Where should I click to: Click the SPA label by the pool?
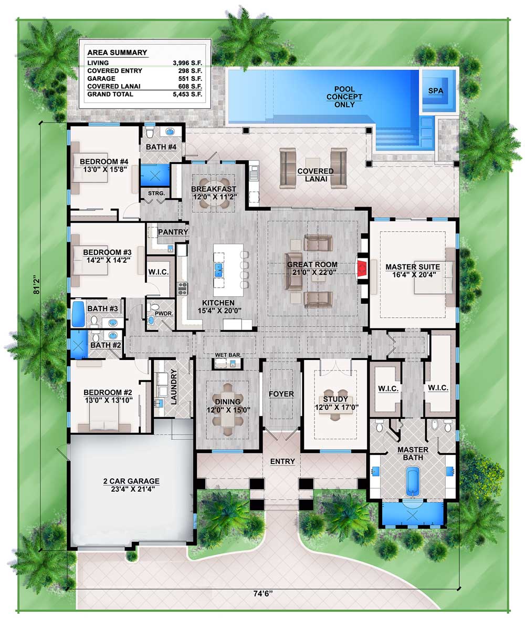pyautogui.click(x=436, y=90)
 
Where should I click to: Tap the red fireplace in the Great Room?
pyautogui.click(x=362, y=269)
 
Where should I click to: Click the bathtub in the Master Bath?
pyautogui.click(x=413, y=481)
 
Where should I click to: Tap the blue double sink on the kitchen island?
pyautogui.click(x=219, y=270)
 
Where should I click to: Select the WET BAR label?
pyautogui.click(x=228, y=355)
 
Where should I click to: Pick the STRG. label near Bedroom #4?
pyautogui.click(x=156, y=193)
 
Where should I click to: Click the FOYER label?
pyautogui.click(x=281, y=394)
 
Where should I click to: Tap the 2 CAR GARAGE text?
pyautogui.click(x=132, y=481)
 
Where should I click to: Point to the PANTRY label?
pyautogui.click(x=173, y=232)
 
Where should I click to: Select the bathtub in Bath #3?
pyautogui.click(x=78, y=314)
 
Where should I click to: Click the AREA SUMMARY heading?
pyautogui.click(x=117, y=53)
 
